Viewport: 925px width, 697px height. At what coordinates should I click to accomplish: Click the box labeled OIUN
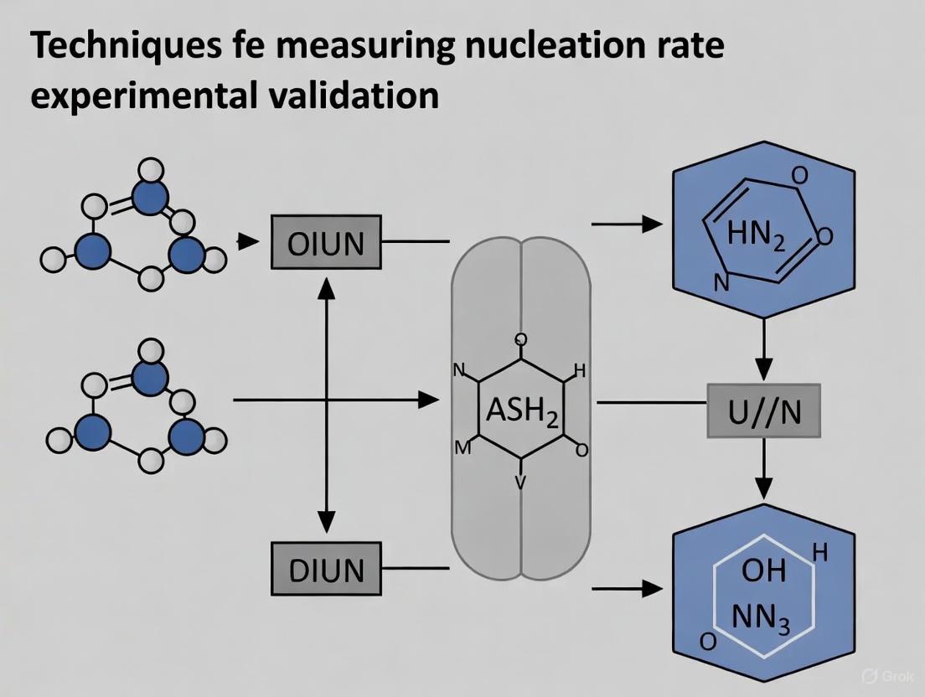point(326,242)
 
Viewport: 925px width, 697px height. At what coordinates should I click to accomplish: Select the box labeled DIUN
point(326,570)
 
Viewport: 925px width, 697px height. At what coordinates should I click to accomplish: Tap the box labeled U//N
point(763,410)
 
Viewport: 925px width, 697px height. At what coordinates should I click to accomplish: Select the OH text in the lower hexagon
point(763,571)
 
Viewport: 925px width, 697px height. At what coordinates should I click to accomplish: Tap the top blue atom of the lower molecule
point(151,375)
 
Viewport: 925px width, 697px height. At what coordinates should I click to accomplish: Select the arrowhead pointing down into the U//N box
point(763,369)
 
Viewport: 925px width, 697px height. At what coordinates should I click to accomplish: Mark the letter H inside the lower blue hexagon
point(819,553)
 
